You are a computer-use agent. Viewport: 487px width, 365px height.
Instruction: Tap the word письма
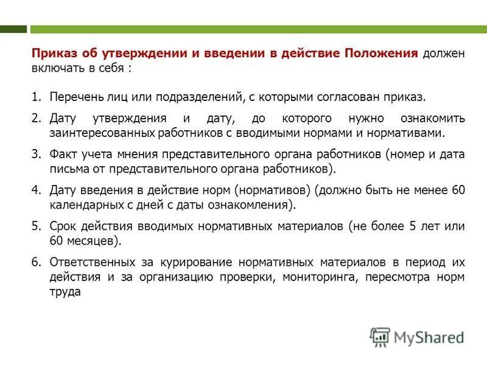(67, 169)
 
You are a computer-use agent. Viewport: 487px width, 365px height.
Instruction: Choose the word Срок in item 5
(62, 226)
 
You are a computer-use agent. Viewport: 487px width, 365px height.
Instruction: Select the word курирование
(198, 263)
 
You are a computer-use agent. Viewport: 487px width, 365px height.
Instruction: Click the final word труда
(65, 292)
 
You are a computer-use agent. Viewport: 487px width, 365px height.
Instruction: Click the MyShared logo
(417, 337)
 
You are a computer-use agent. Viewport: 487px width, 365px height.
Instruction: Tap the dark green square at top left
(13, 29)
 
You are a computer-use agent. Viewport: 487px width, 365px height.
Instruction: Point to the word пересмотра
(396, 277)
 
